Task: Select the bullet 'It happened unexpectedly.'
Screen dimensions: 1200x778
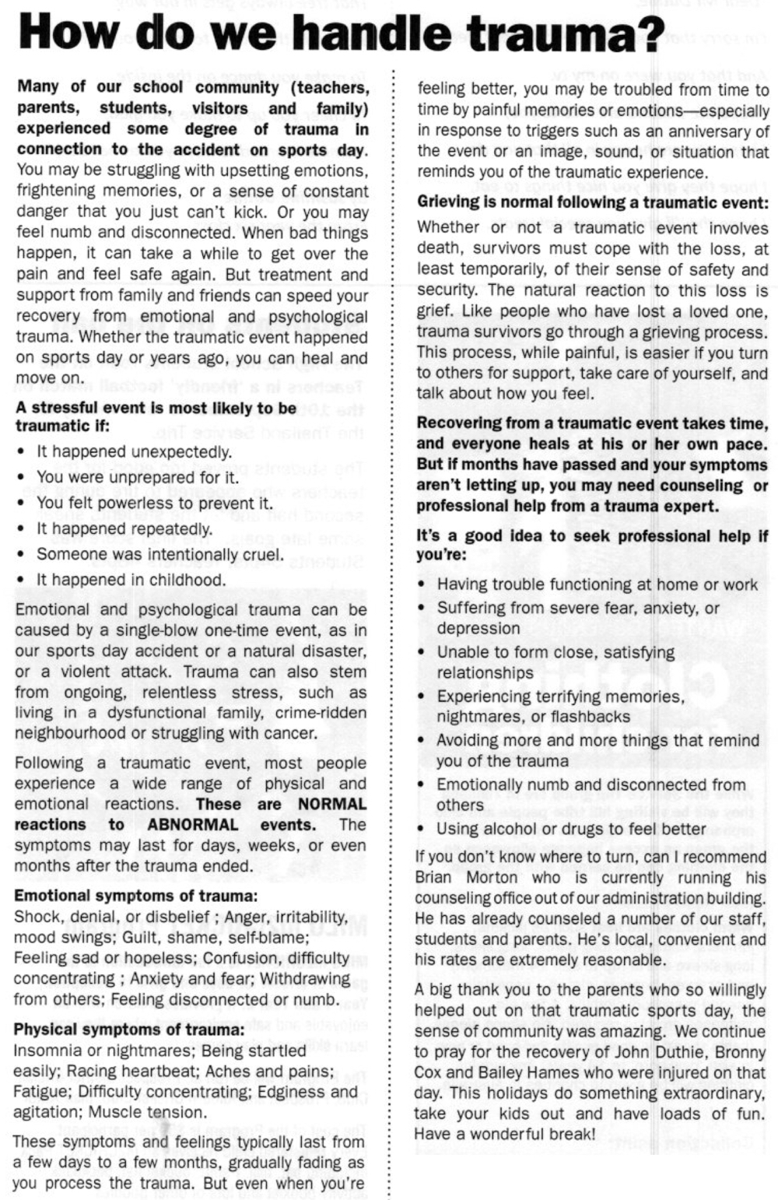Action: pos(134,452)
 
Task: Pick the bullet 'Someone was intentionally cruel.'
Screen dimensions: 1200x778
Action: pos(159,555)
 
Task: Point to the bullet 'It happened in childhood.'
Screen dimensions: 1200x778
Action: pos(131,580)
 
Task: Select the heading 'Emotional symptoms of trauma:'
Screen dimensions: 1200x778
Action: pos(135,896)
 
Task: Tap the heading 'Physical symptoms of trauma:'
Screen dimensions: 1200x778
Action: pos(129,1030)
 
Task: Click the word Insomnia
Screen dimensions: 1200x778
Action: pos(47,1051)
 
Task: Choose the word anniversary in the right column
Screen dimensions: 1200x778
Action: pos(710,132)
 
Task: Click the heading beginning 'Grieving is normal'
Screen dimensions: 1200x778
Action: pos(592,202)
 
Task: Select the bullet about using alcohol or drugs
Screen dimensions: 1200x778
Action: pos(571,829)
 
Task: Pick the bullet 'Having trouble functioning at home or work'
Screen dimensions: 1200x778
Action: pos(597,584)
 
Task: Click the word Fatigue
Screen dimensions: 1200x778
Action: pos(39,1092)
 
